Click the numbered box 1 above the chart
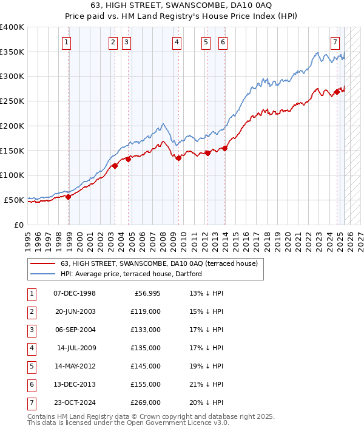click(x=66, y=42)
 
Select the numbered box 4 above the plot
click(x=176, y=42)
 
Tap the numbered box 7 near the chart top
click(x=335, y=42)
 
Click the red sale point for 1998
click(x=69, y=196)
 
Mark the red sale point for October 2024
click(x=337, y=92)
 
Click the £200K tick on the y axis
click(x=12, y=126)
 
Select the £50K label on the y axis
click(x=15, y=200)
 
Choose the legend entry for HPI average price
click(x=131, y=274)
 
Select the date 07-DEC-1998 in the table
click(x=75, y=294)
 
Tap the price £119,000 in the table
click(x=146, y=311)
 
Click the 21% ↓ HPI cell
click(x=207, y=384)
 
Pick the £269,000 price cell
click(x=146, y=401)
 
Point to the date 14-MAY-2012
click(x=75, y=365)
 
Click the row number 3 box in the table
click(x=31, y=330)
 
